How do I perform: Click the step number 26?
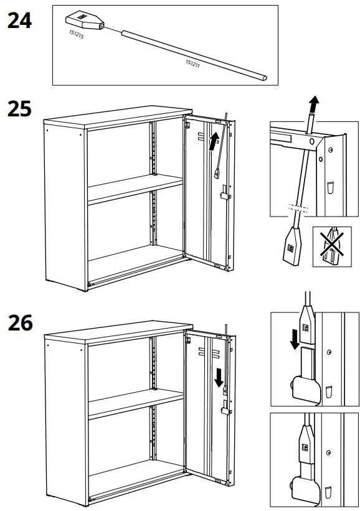point(19,324)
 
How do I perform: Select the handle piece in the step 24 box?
point(83,20)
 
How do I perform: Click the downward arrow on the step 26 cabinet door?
point(219,377)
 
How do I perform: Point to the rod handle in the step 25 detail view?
point(291,244)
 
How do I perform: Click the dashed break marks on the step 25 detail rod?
point(298,207)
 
